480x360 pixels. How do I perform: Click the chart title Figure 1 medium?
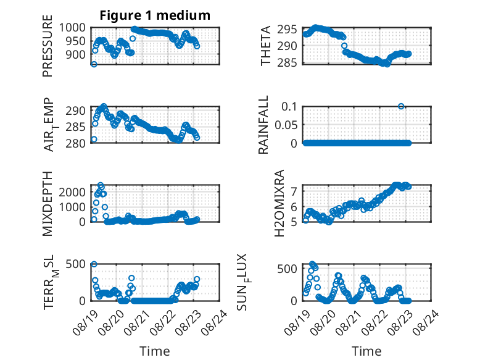155,15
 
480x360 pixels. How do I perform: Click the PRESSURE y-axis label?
48,46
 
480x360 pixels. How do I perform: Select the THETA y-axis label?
265,46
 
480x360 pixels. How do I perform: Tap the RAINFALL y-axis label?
263,124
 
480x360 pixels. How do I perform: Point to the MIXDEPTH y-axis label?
48,204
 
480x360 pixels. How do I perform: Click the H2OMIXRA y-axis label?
279,203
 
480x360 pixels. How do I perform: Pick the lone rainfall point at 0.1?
401,106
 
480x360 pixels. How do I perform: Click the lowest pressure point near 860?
94,64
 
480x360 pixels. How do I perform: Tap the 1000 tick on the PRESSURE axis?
72,28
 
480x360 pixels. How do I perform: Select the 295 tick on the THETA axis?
287,30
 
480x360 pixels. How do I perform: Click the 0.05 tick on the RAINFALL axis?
286,125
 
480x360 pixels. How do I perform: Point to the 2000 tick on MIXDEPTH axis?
72,192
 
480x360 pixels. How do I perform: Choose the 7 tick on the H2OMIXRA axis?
294,191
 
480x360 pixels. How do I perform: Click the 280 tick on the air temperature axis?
75,143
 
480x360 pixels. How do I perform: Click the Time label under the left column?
155,351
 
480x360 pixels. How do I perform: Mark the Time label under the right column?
366,351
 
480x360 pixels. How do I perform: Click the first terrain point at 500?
94,264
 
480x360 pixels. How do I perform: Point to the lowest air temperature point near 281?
94,139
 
